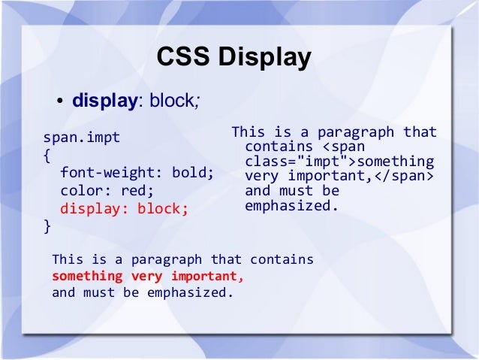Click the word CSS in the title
182,58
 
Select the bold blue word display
104,101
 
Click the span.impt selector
81,138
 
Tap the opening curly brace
47,157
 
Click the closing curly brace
47,225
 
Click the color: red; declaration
107,191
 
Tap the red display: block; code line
124,208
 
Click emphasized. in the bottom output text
193,292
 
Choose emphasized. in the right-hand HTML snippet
292,205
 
